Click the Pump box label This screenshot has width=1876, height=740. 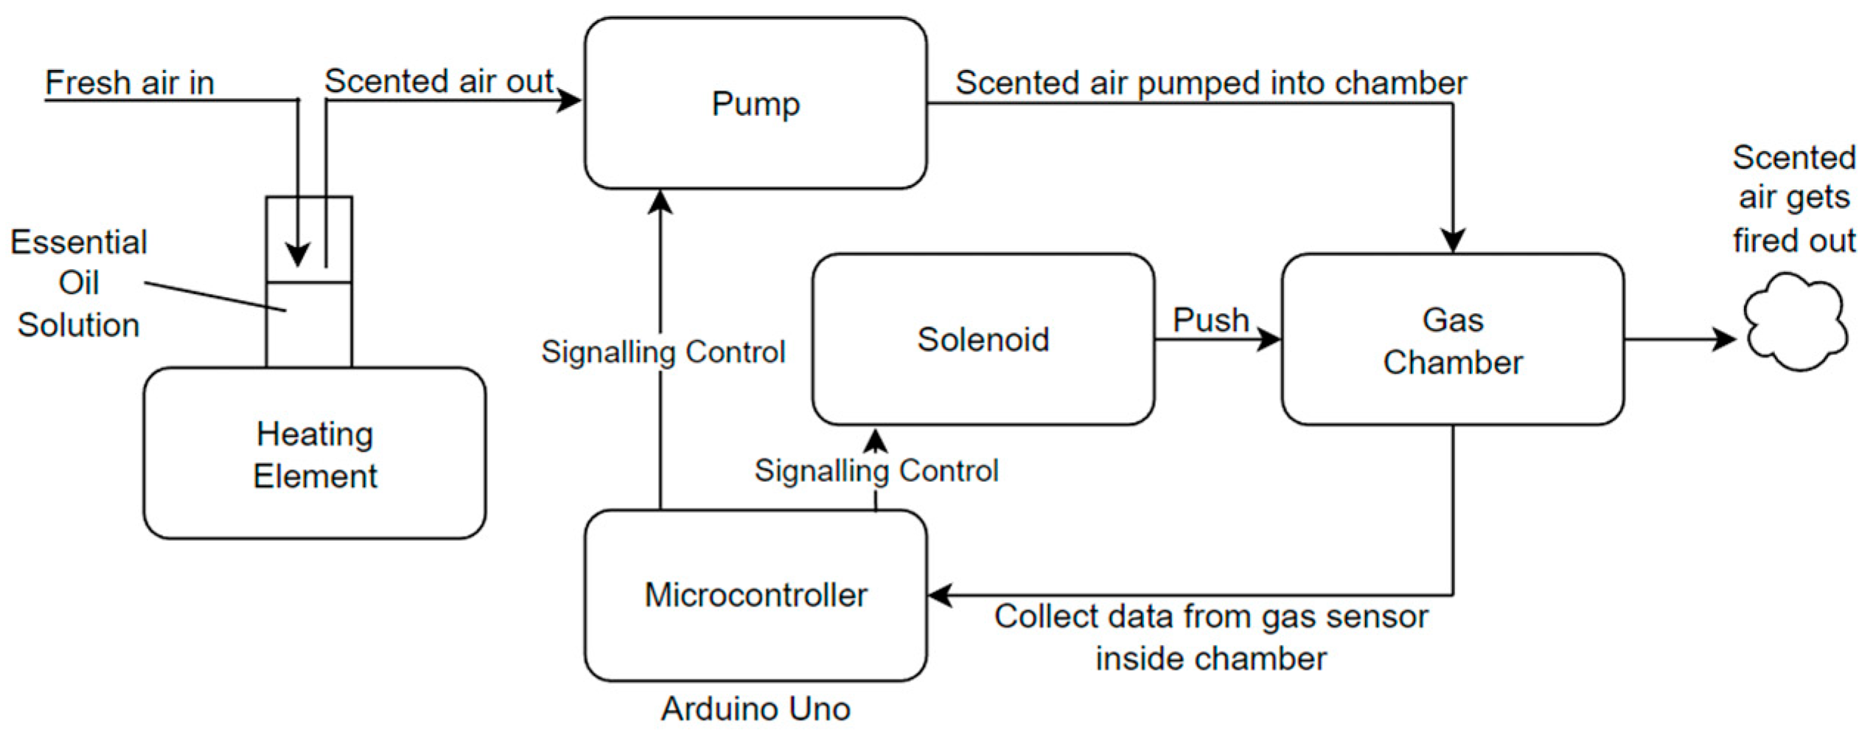(755, 104)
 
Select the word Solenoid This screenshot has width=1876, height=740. (983, 340)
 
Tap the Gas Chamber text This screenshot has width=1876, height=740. (1452, 341)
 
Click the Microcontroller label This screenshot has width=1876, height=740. (756, 596)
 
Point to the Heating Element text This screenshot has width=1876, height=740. (315, 455)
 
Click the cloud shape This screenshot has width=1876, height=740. (1794, 323)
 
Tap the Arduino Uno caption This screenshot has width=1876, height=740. (756, 709)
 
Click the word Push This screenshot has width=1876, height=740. (1210, 321)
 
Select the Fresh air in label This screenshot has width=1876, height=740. (130, 83)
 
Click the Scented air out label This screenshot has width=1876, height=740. (439, 81)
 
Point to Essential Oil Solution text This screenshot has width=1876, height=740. (78, 284)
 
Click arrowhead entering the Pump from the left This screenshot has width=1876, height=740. (569, 100)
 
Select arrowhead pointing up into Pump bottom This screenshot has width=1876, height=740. (660, 202)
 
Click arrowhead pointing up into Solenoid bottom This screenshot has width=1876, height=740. (875, 441)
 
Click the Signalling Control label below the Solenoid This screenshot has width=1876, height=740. (876, 471)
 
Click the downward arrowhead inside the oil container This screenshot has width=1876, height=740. (298, 254)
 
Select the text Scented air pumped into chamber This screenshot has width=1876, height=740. (1210, 83)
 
